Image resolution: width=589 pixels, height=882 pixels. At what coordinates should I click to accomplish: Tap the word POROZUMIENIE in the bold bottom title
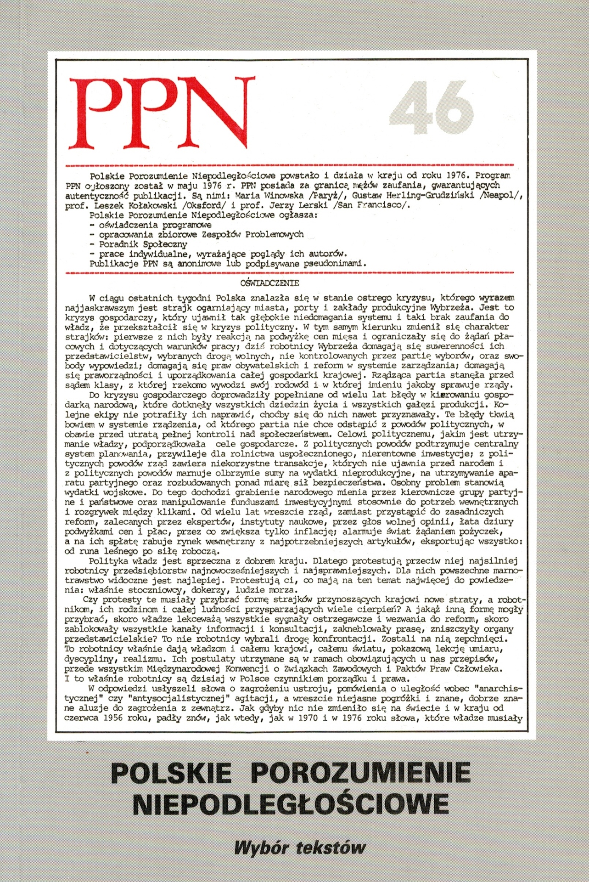click(x=361, y=773)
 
